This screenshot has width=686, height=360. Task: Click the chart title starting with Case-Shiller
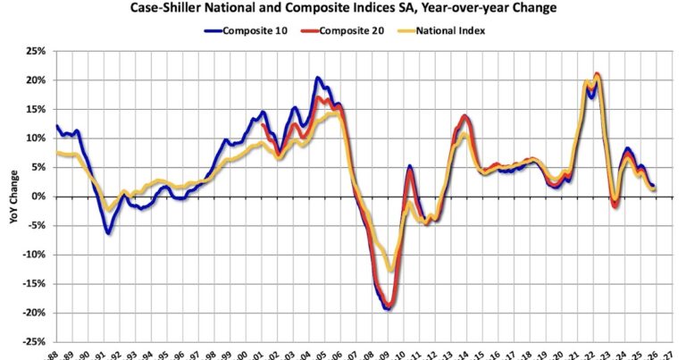click(342, 8)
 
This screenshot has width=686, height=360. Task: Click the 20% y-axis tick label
click(36, 80)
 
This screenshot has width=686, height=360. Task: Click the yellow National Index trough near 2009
click(389, 269)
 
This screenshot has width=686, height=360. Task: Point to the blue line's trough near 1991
click(108, 233)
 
